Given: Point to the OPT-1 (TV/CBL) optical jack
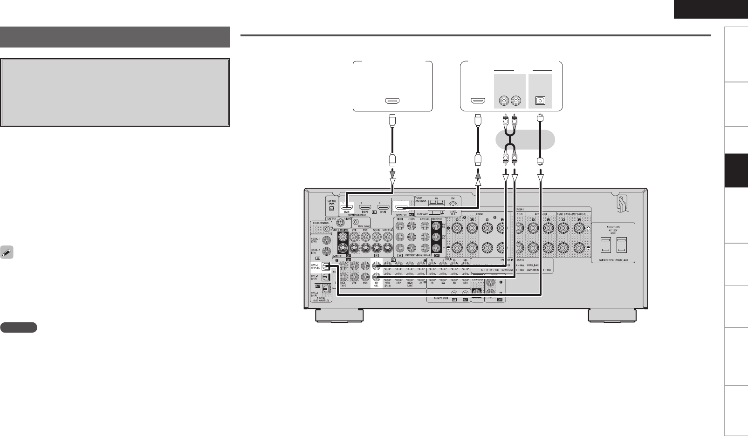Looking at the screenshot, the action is click(x=326, y=267).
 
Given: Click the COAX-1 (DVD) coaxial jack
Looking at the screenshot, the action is click(x=326, y=240).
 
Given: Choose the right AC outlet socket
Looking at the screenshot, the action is click(x=622, y=244).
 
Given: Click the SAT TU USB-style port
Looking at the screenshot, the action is click(x=331, y=207).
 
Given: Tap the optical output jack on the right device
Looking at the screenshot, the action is click(x=541, y=100).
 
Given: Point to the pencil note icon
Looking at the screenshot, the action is click(x=7, y=252).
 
